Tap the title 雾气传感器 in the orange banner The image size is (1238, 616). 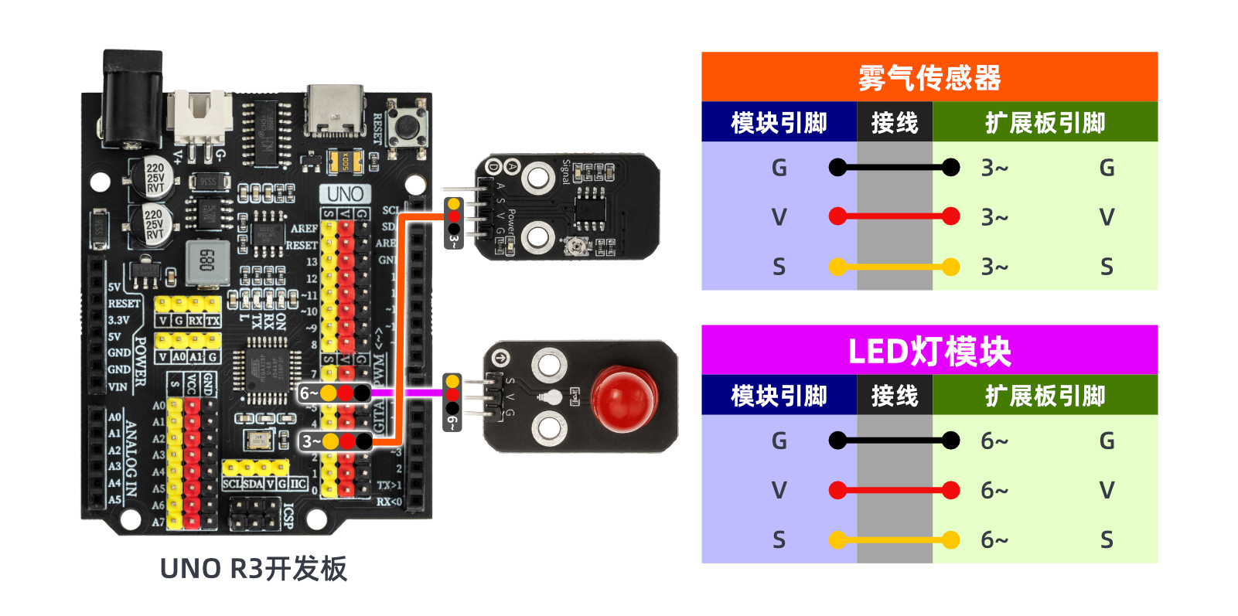[x=929, y=77]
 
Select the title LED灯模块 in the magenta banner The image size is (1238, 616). [x=929, y=351]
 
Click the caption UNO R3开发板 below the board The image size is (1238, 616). [x=253, y=569]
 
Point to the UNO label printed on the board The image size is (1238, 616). [x=345, y=194]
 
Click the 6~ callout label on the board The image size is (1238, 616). [x=309, y=393]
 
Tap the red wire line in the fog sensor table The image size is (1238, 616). [x=894, y=216]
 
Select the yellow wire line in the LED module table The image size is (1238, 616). [x=894, y=539]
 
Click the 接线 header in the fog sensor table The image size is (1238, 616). [x=894, y=122]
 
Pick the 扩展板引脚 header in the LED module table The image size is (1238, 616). [x=1045, y=396]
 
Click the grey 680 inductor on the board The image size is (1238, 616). [x=207, y=261]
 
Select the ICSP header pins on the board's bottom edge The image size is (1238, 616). [x=254, y=514]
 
